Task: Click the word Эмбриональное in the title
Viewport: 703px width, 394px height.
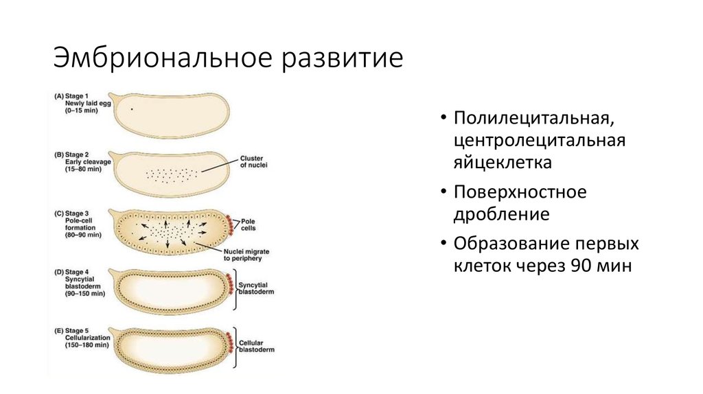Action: (x=159, y=58)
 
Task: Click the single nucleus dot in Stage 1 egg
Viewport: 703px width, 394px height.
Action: (x=132, y=108)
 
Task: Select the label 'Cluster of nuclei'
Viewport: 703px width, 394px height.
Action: (x=253, y=161)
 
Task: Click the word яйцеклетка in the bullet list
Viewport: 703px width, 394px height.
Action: (x=502, y=163)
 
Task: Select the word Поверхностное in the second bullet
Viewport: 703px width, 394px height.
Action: (x=520, y=192)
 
